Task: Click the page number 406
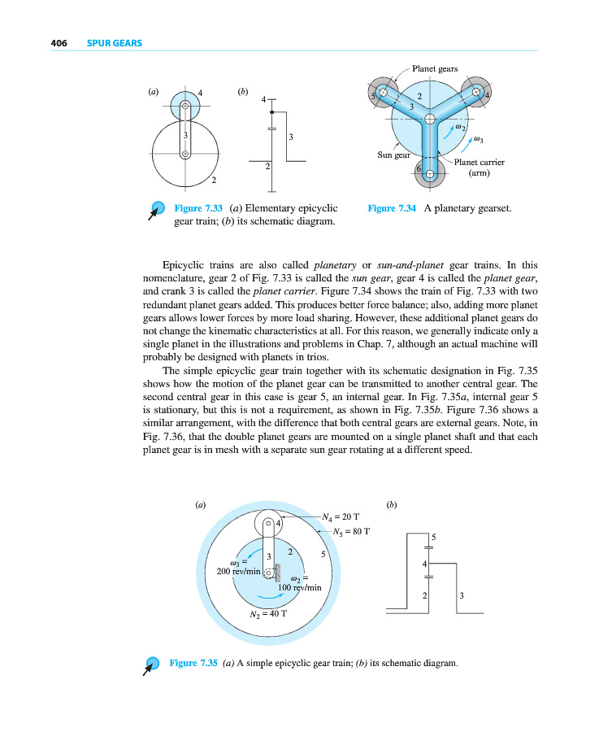click(x=57, y=43)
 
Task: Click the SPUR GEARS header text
click(x=114, y=43)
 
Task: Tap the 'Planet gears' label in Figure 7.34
click(x=435, y=69)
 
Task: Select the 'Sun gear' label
click(x=393, y=154)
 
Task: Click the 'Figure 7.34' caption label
click(x=392, y=209)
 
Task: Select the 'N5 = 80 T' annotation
click(x=352, y=533)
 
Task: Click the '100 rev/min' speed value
click(x=300, y=586)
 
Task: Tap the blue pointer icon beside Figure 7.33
click(x=155, y=211)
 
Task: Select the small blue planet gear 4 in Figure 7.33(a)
click(x=185, y=106)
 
